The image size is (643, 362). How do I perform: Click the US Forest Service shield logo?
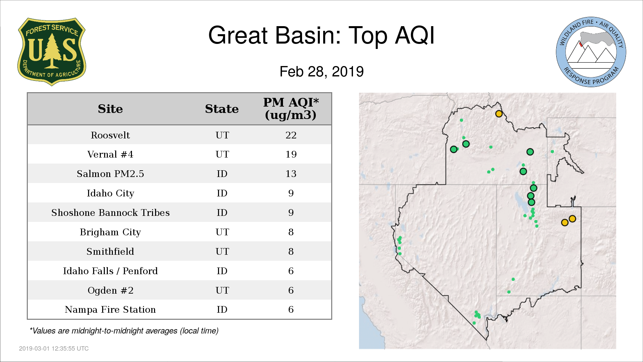pos(52,52)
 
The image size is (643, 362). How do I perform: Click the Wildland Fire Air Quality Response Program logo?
pos(591,52)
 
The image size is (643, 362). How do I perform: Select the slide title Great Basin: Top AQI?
pos(321,35)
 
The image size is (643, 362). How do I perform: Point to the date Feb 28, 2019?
pos(321,71)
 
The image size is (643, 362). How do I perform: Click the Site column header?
pos(110,109)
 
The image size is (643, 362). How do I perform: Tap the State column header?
pos(222,109)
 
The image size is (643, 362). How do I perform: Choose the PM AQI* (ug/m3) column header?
pos(291,109)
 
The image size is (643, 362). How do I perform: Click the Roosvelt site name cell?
pos(110,135)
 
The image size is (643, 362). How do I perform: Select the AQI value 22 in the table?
pos(291,135)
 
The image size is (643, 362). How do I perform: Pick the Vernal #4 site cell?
pos(110,154)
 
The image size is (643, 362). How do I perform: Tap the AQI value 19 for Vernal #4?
pos(291,154)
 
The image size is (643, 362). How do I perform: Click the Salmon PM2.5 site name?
pos(110,174)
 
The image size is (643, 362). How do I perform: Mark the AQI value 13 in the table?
pos(291,174)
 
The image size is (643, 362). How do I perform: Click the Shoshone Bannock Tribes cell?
pos(110,213)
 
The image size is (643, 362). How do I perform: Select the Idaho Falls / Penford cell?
pos(110,271)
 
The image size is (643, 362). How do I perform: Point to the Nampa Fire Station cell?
pos(110,309)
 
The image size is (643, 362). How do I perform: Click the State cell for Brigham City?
pos(222,232)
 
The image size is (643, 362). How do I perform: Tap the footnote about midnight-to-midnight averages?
pos(124,331)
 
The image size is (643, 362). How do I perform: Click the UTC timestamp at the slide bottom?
pos(54,349)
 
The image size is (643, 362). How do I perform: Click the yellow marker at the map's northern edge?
pos(499,114)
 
